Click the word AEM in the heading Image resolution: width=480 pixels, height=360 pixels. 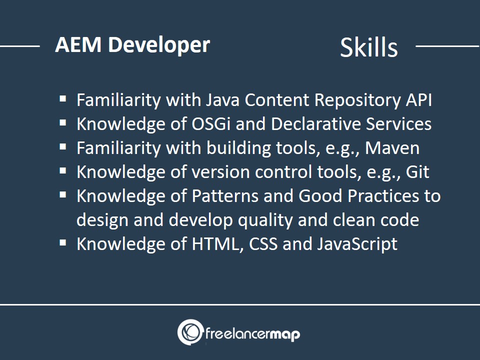[x=78, y=44]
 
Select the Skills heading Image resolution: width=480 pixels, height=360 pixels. [x=369, y=47]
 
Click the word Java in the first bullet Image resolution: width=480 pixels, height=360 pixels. [x=222, y=100]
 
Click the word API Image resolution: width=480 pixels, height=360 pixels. [x=419, y=100]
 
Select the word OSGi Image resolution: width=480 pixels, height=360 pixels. [x=211, y=123]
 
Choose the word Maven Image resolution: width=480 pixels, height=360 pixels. [x=392, y=148]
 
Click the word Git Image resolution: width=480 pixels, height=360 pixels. [x=417, y=171]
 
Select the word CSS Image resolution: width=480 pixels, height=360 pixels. [x=263, y=243]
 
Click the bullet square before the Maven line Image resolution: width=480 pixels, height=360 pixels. [x=63, y=147]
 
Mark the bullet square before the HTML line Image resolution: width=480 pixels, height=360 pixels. [x=63, y=243]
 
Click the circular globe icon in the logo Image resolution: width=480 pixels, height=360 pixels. [x=190, y=332]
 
